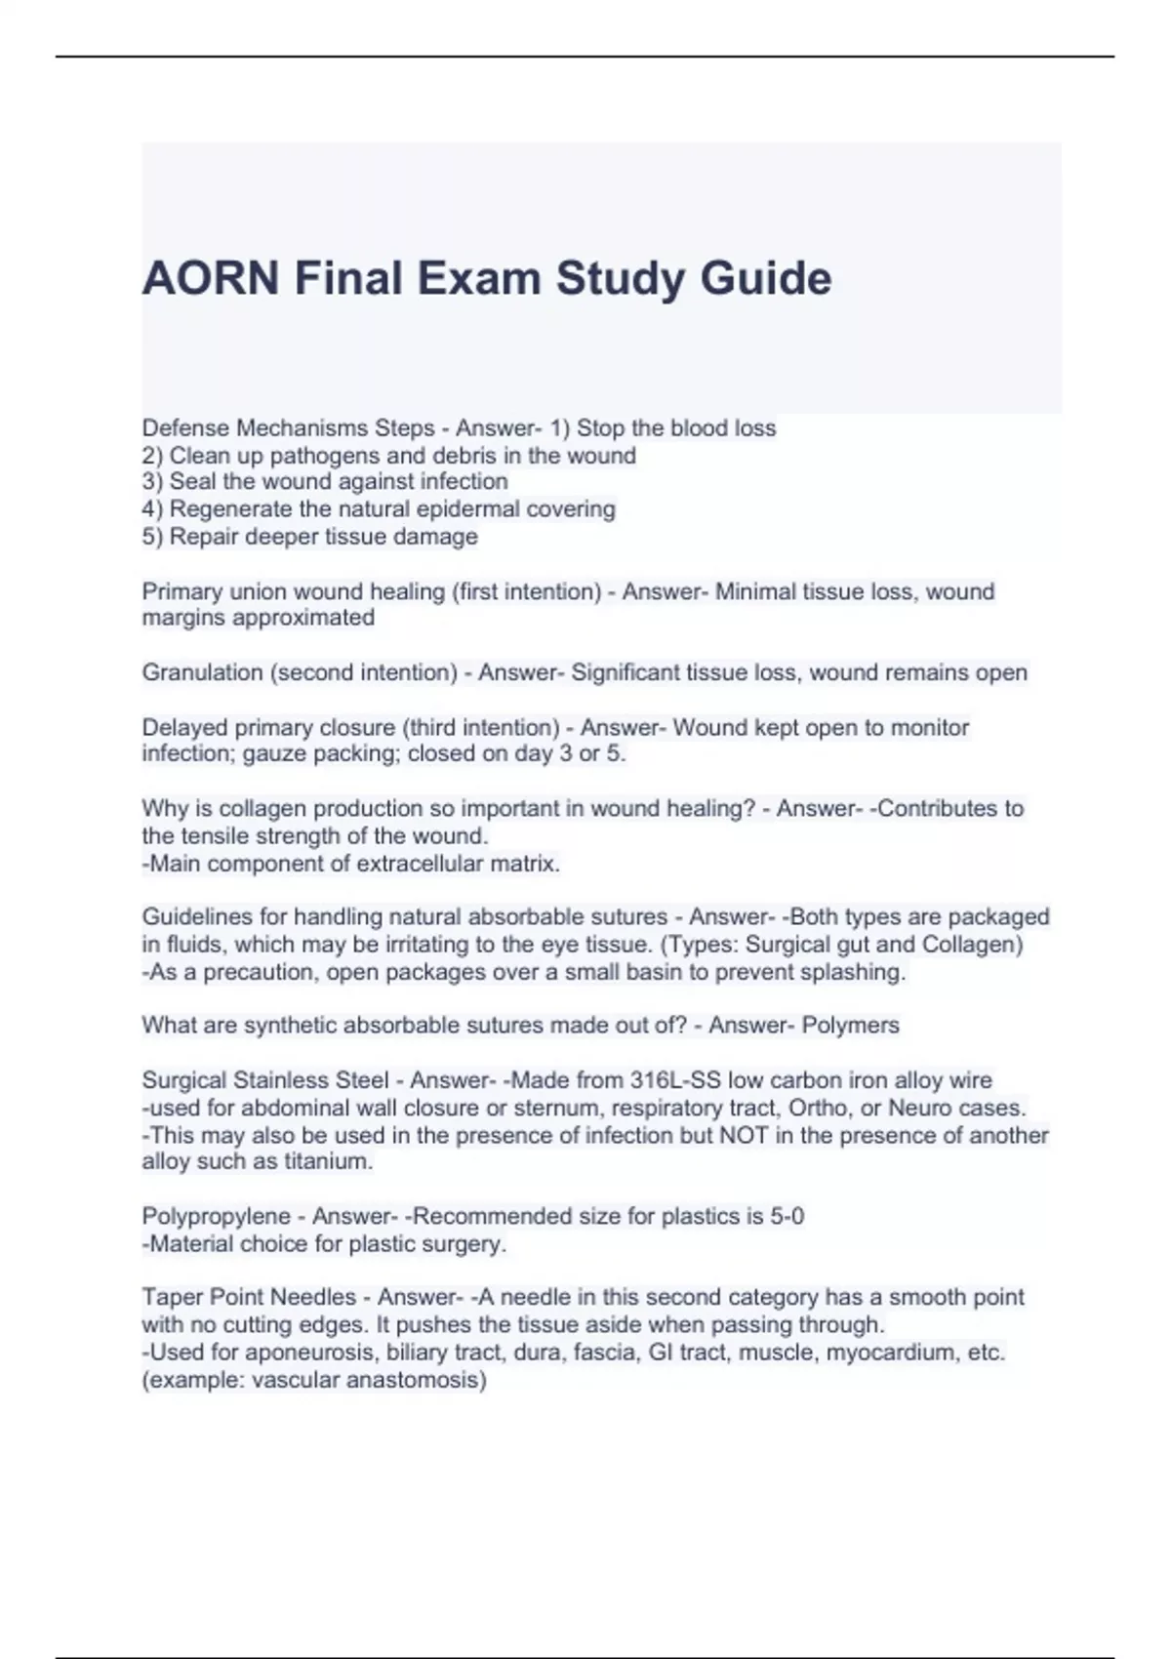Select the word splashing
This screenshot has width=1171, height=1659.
[x=857, y=972]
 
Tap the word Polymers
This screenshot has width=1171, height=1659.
[x=850, y=1026]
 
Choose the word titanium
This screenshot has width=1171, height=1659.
[x=328, y=1162]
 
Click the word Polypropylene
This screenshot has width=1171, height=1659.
[x=216, y=1217]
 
